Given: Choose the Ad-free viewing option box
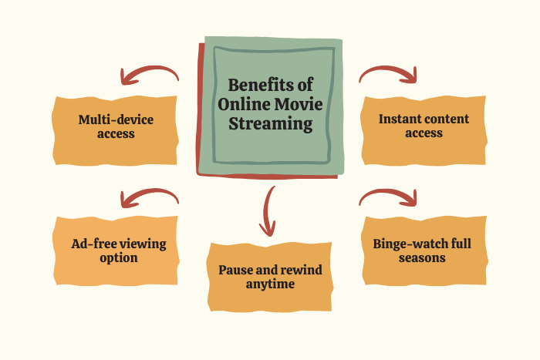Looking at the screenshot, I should [116, 251].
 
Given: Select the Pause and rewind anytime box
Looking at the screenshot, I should [269, 277].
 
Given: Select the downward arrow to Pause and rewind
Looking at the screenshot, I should [268, 210].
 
